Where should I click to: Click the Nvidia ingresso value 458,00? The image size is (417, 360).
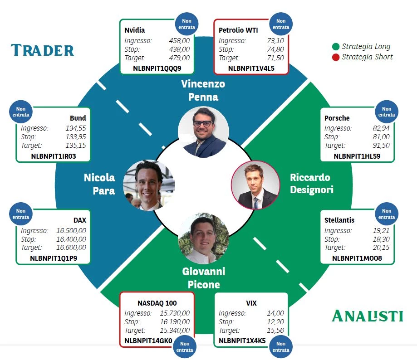tap(179, 41)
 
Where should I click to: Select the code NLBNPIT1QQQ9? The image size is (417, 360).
tap(157, 68)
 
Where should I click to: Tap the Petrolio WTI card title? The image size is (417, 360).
tap(238, 30)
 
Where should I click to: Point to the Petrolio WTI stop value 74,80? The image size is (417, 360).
tap(275, 49)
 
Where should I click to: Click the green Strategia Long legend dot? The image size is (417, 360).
tap(336, 47)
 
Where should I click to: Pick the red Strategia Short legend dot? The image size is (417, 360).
tap(336, 57)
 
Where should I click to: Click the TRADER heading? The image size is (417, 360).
tap(42, 50)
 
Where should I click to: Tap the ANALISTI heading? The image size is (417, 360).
tap(367, 316)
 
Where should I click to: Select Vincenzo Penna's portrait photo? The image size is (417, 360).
tap(203, 132)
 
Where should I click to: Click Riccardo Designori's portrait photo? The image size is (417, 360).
tap(255, 185)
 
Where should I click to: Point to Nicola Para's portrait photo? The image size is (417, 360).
tap(149, 185)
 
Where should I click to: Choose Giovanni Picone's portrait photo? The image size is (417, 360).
tap(203, 238)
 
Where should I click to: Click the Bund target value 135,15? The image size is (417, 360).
tap(76, 146)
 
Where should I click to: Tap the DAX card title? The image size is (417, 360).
tap(80, 220)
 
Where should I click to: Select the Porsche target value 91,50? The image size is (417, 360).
tap(381, 146)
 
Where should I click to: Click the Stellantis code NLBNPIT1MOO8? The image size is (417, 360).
tap(357, 258)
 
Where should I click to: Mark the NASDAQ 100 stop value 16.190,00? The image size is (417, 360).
tap(175, 322)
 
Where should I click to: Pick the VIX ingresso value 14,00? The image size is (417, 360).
tap(275, 313)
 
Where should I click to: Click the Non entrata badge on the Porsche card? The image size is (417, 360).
tap(387, 112)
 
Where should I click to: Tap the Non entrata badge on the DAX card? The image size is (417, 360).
tap(21, 214)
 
